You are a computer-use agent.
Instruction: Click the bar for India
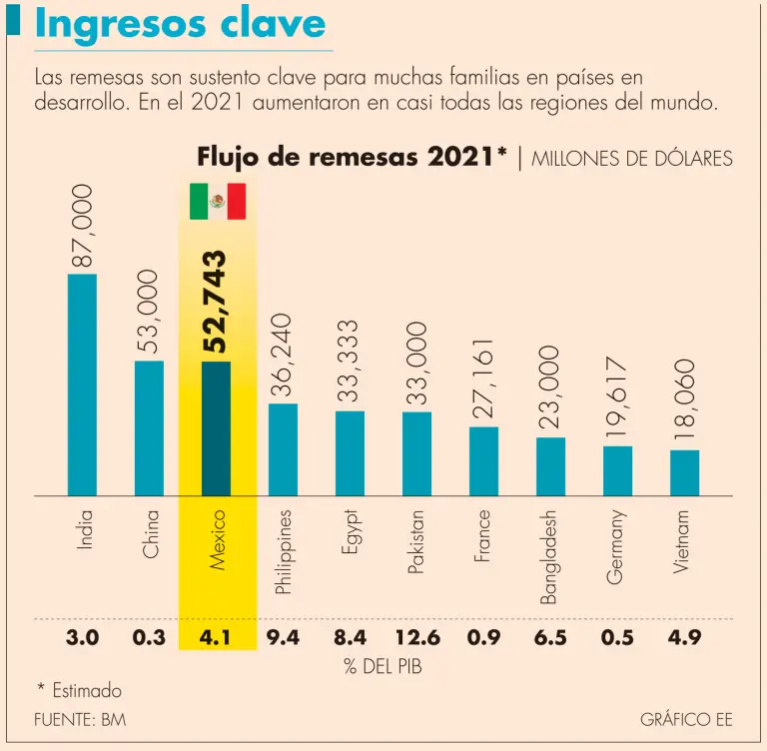pos(82,384)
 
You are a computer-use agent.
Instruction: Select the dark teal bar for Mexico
pos(216,428)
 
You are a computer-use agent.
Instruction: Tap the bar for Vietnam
pos(684,472)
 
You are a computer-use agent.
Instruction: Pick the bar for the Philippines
pos(283,449)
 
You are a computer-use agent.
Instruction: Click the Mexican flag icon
pos(218,202)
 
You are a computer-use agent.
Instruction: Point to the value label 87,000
pos(82,226)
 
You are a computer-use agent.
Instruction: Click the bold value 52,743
pos(216,302)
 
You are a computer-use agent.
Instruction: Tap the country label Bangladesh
pos(549,557)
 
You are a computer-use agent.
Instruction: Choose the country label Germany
pos(617,547)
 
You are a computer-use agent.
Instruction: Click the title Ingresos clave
pos(180,25)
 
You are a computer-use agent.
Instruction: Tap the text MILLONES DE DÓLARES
pos(632,158)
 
